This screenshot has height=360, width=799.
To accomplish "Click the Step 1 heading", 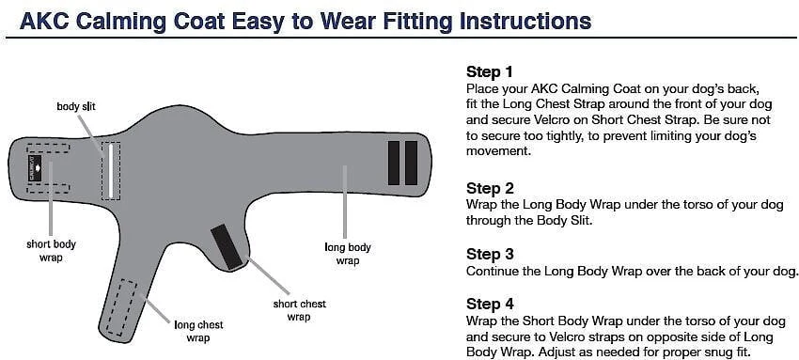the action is pyautogui.click(x=490, y=71).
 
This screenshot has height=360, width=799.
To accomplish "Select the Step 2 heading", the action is pyautogui.click(x=490, y=188).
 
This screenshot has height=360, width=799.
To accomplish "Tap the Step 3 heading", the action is pyautogui.click(x=490, y=254).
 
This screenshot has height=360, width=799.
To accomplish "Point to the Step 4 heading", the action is pyautogui.click(x=490, y=304).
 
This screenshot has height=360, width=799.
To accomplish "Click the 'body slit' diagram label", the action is pyautogui.click(x=76, y=107).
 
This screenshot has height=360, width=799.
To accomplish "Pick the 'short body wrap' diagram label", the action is pyautogui.click(x=51, y=251).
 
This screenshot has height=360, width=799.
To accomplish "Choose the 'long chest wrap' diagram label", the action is pyautogui.click(x=198, y=331).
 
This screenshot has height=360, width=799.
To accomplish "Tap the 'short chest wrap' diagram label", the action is pyautogui.click(x=299, y=310).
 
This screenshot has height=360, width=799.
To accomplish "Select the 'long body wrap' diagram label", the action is pyautogui.click(x=348, y=254).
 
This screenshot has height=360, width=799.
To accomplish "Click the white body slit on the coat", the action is pyautogui.click(x=110, y=171).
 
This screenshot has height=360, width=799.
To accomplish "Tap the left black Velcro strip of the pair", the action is pyautogui.click(x=393, y=163).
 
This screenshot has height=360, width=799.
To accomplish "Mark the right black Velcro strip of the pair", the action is pyautogui.click(x=411, y=163).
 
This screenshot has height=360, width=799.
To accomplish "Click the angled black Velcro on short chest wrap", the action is pyautogui.click(x=227, y=247).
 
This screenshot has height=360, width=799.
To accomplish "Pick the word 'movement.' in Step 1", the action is pyautogui.click(x=498, y=151).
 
